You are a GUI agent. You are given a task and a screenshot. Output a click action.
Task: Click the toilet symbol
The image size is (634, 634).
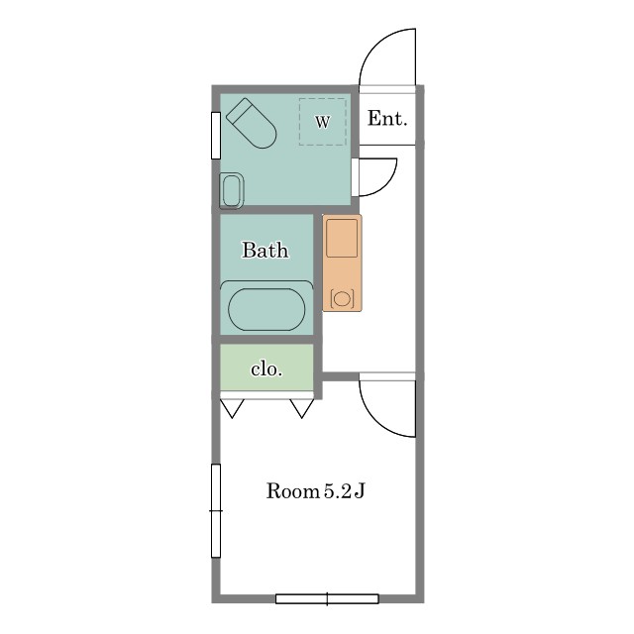tap(251, 123)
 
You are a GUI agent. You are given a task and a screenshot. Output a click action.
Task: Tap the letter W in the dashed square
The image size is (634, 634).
tap(322, 121)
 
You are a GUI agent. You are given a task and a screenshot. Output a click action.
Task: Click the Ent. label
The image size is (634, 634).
tap(387, 119)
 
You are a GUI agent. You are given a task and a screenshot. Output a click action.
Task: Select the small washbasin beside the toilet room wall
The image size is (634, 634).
tap(232, 190)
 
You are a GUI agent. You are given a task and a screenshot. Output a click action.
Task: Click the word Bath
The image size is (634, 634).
tap(265, 250)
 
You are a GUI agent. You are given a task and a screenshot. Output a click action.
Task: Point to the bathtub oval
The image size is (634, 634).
tap(266, 310)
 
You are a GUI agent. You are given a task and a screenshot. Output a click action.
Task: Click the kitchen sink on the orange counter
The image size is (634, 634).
tap(342, 238)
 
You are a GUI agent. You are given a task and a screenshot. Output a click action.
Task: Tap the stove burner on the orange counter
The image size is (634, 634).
tap(342, 299)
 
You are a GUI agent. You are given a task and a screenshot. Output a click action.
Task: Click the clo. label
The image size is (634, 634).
tap(266, 370)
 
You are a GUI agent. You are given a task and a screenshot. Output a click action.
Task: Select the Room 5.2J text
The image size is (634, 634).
tap(315, 491)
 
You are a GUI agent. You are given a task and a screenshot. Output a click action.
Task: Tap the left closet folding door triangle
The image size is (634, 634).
tap(232, 408)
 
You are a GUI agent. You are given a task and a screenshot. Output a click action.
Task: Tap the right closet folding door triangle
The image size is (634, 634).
tap(302, 408)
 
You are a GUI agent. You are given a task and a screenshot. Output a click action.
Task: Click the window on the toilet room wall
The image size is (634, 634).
tap(216, 136)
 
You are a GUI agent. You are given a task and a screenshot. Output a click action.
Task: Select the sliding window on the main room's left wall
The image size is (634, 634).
tap(216, 511)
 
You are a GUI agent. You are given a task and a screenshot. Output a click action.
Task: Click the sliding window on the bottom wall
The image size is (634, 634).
tap(327, 598)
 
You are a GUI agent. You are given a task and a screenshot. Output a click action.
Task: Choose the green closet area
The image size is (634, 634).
tap(266, 368)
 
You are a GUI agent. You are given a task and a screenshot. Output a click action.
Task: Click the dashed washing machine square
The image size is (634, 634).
tap(323, 122)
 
